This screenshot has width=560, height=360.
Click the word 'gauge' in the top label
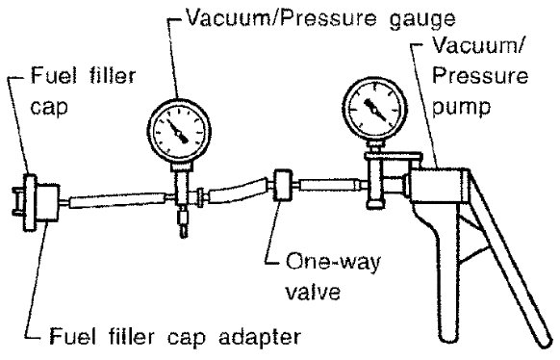point(422,19)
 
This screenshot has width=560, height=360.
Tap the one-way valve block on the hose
point(283,186)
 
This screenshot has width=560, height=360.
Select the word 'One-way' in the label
point(333,264)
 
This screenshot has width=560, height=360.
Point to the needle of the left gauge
point(177,132)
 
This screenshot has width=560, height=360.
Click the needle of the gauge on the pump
point(374,109)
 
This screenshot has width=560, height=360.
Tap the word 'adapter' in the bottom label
point(260,338)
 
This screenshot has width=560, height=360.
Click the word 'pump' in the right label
point(461,107)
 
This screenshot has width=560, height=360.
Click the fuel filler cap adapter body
point(47,202)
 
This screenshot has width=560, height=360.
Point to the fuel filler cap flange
point(30,202)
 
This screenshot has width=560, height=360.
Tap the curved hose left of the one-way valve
point(238,192)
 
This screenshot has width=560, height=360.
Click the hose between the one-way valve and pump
point(329,185)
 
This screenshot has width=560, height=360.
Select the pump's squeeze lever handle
point(508,258)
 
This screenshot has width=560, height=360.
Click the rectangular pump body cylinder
point(439,185)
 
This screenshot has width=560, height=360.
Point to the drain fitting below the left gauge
point(183,221)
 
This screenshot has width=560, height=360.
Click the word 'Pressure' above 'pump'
point(480,76)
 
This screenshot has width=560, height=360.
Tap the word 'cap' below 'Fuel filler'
point(48,106)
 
